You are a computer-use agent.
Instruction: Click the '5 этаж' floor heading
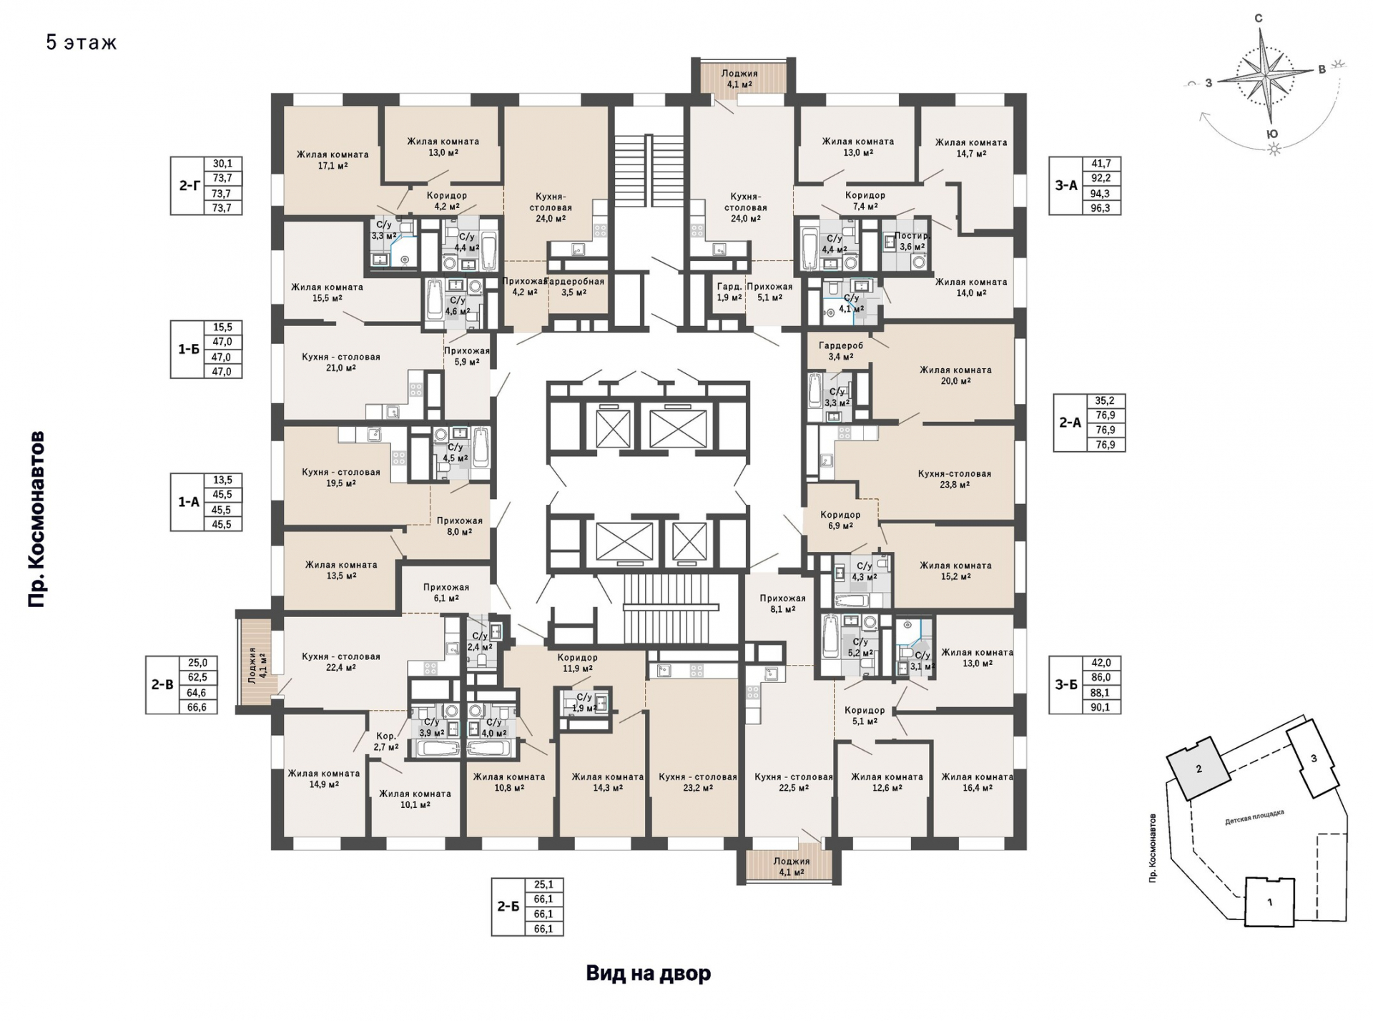tap(82, 42)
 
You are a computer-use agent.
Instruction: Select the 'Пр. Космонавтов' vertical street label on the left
tap(37, 519)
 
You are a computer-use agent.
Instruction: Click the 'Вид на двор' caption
tap(649, 973)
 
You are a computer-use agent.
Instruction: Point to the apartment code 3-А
tap(1066, 186)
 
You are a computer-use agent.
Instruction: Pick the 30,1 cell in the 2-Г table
tap(222, 164)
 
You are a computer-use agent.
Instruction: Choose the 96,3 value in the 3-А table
tap(1101, 208)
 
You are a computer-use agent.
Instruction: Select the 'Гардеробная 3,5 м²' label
tap(575, 287)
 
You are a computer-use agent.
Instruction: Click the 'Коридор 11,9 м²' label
tap(577, 664)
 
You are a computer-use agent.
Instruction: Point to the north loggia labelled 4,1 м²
tap(739, 79)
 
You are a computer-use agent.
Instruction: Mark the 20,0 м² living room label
tap(955, 375)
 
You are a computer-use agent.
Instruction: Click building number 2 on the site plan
tap(1199, 769)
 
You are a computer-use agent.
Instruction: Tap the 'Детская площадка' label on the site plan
tap(1254, 817)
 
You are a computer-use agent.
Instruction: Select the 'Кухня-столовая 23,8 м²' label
tap(955, 479)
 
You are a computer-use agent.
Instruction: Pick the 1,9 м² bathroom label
tap(584, 703)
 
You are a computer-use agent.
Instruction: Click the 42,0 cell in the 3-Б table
tap(1101, 663)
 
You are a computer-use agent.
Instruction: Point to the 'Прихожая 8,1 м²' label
tap(782, 604)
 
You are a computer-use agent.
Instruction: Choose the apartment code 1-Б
tap(189, 350)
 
